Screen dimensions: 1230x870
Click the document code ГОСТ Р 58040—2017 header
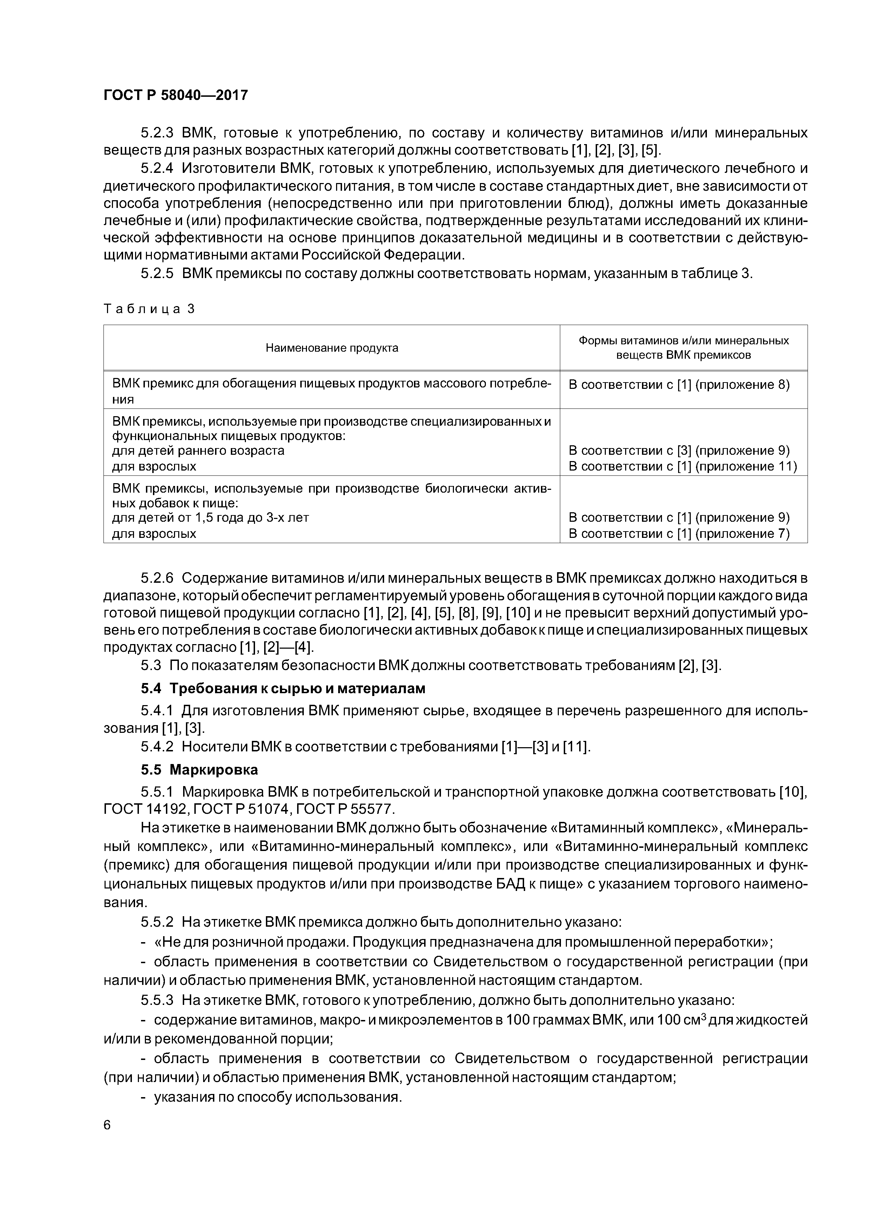(x=175, y=95)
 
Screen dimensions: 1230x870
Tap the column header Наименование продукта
(x=332, y=348)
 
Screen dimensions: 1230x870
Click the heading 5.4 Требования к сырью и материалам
(x=283, y=688)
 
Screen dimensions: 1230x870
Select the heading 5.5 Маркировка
(x=199, y=770)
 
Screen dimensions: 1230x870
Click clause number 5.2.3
(x=157, y=132)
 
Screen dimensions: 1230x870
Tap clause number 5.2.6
(x=157, y=578)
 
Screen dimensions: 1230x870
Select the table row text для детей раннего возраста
(x=198, y=451)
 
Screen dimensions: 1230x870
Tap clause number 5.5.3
(x=157, y=1000)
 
